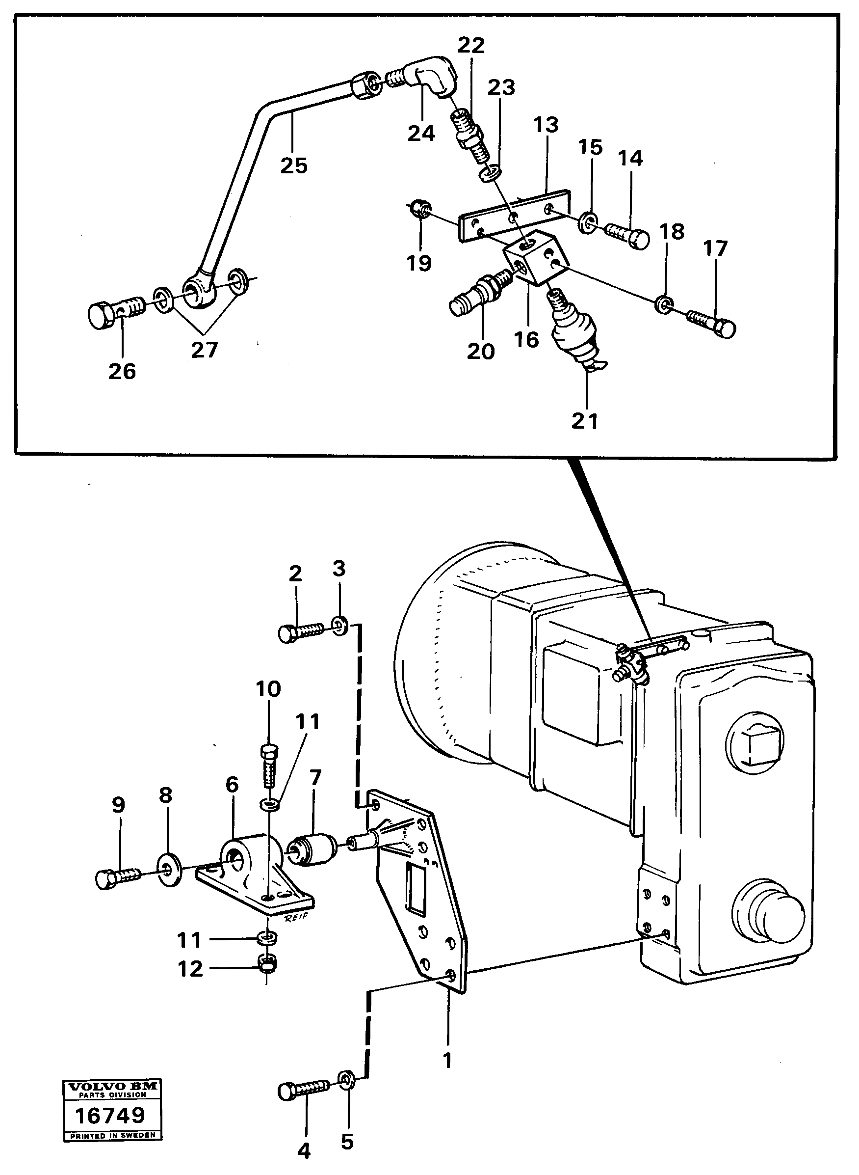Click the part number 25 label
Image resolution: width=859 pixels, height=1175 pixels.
click(294, 165)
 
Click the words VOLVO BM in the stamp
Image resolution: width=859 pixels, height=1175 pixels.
click(112, 1086)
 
